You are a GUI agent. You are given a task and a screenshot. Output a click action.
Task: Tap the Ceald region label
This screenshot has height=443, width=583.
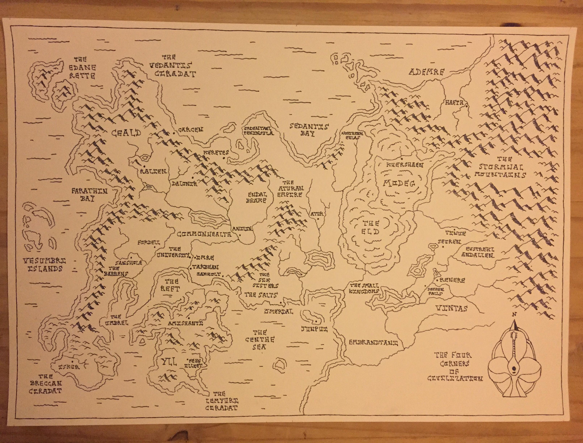pos(126,133)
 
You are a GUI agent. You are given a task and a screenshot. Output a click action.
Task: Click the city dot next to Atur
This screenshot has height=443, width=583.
pos(318,219)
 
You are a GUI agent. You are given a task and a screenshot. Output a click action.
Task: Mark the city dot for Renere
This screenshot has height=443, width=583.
pos(437,280)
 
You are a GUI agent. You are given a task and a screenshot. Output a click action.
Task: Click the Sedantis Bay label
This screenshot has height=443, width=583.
pos(309,130)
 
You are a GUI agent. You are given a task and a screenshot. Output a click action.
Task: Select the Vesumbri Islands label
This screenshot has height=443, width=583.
pos(44,265)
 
